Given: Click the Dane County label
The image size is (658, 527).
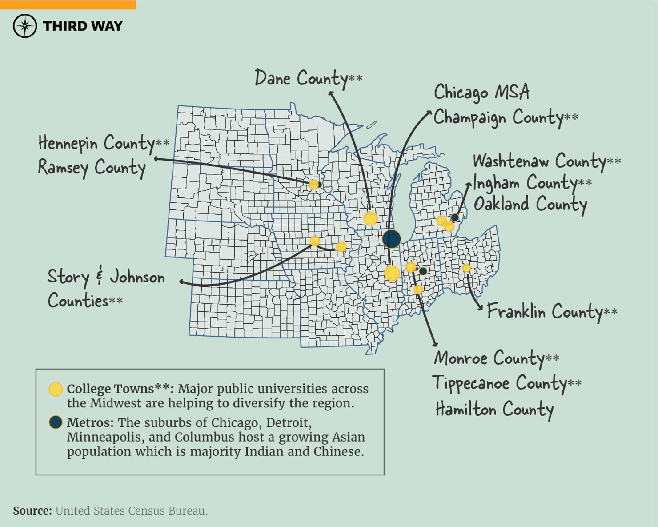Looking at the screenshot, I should pos(308,79).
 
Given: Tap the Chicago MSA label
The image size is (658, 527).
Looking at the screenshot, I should pos(481,93).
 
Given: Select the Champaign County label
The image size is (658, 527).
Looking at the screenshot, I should pos(506,117).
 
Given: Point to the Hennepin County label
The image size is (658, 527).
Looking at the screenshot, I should pos(103,143).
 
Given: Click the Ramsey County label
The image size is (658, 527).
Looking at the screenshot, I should pos(92,168).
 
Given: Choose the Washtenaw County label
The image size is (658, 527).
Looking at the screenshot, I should pos(546,161).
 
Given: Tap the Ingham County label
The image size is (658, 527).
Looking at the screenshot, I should pos(532,183).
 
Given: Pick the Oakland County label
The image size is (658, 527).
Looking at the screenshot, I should pos(530,204).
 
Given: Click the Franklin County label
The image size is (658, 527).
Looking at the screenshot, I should pos(552,311).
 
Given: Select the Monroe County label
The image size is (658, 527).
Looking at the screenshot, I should pos(496,358).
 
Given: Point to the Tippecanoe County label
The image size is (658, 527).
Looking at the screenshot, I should pos(506,383).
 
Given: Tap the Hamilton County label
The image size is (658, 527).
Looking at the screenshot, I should pos(494,409).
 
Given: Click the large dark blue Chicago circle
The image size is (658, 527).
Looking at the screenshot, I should pos(391,239).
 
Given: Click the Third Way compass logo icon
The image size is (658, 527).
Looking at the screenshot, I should pos(25,26).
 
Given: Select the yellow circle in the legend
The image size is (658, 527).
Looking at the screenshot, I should pos(56,389).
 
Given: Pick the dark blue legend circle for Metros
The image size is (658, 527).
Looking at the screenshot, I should pos(56,422).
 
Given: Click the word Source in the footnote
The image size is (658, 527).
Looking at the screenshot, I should pos(32,511).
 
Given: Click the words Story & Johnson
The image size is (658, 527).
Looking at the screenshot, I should pos(106,277).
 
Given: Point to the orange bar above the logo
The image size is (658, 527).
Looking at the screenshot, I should pos(68,4).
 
